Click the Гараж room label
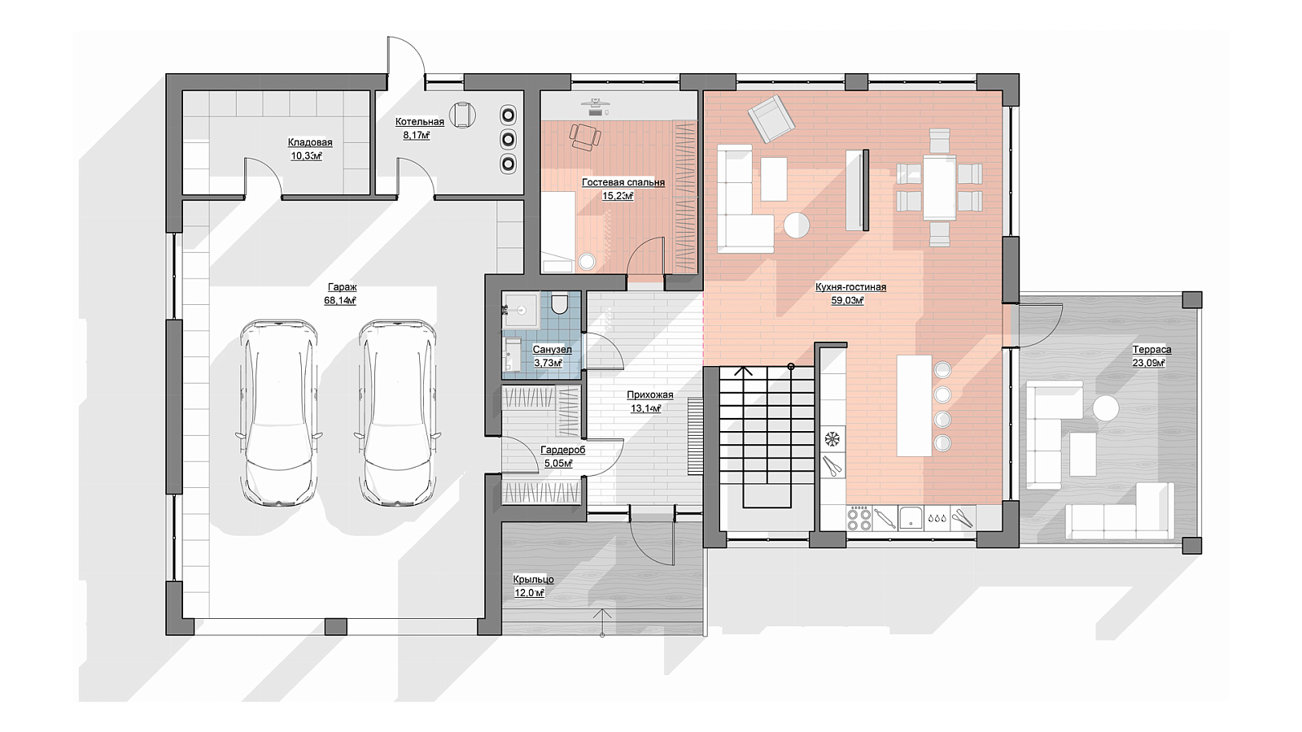(343, 287)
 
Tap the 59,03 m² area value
(847, 300)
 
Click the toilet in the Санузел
(559, 305)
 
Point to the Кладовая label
(310, 142)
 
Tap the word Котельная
(420, 121)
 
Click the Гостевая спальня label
(623, 182)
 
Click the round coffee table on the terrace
(1106, 408)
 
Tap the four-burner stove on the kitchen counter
(859, 517)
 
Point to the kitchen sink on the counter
(911, 517)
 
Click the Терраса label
(1151, 350)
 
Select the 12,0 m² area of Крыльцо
(529, 593)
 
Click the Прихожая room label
(650, 395)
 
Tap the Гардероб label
(562, 450)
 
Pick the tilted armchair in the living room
(771, 119)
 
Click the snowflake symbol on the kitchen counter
(833, 439)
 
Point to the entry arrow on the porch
(602, 622)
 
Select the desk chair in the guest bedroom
(585, 137)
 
